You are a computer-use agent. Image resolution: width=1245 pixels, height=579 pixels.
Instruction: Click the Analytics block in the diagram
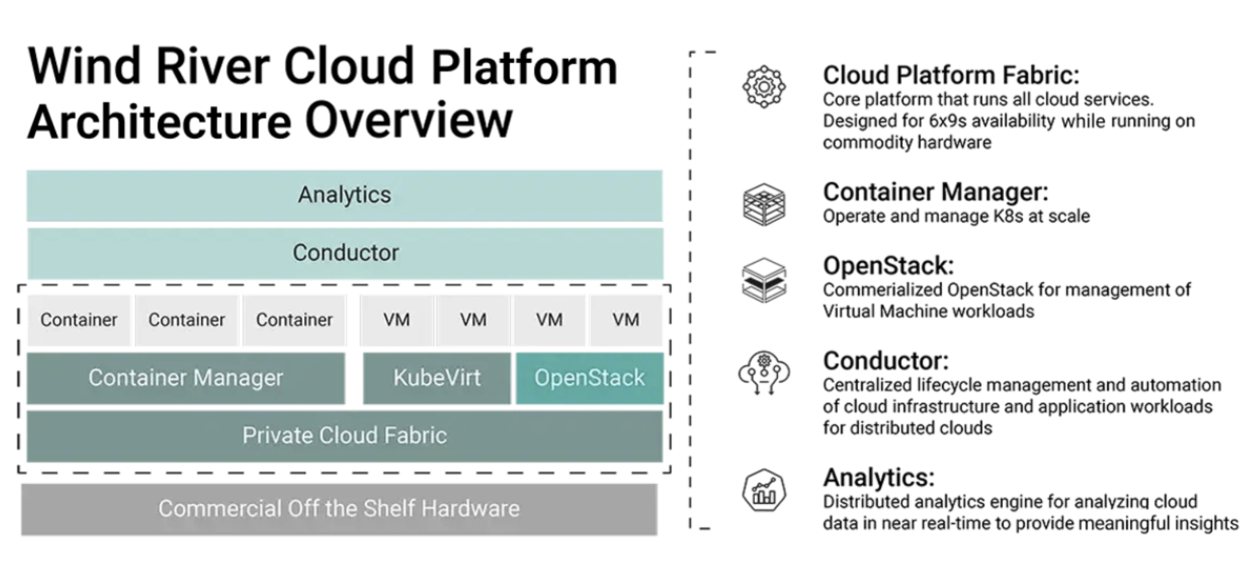(345, 196)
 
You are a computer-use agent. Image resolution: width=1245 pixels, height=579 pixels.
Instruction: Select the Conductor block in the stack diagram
(345, 253)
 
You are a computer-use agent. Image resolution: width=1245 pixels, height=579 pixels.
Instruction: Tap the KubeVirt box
(437, 378)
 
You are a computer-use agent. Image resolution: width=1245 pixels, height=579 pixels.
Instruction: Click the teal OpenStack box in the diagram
(589, 378)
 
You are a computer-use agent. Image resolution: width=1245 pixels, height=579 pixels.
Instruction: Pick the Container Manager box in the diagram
(185, 378)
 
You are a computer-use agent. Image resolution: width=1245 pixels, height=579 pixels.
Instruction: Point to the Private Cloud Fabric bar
(345, 436)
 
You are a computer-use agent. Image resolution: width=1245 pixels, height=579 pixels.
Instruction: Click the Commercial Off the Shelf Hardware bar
(339, 509)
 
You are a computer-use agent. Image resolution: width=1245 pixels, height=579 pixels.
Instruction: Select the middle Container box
(186, 320)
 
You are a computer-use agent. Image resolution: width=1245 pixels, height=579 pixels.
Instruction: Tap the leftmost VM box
(397, 320)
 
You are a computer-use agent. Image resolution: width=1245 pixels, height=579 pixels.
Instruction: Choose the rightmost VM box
(626, 320)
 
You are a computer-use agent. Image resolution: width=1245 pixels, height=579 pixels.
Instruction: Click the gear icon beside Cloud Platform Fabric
(764, 87)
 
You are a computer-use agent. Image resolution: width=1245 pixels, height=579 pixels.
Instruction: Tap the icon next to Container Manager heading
(764, 204)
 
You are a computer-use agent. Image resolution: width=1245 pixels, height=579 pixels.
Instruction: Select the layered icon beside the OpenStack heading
(764, 280)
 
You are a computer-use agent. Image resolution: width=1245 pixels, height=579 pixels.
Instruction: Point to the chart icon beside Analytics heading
(764, 491)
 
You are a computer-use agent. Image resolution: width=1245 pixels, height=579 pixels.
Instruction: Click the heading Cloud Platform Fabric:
(951, 75)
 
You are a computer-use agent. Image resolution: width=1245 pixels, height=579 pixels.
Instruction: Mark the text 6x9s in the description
(949, 121)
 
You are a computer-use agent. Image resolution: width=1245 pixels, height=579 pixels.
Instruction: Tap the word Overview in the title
(409, 120)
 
